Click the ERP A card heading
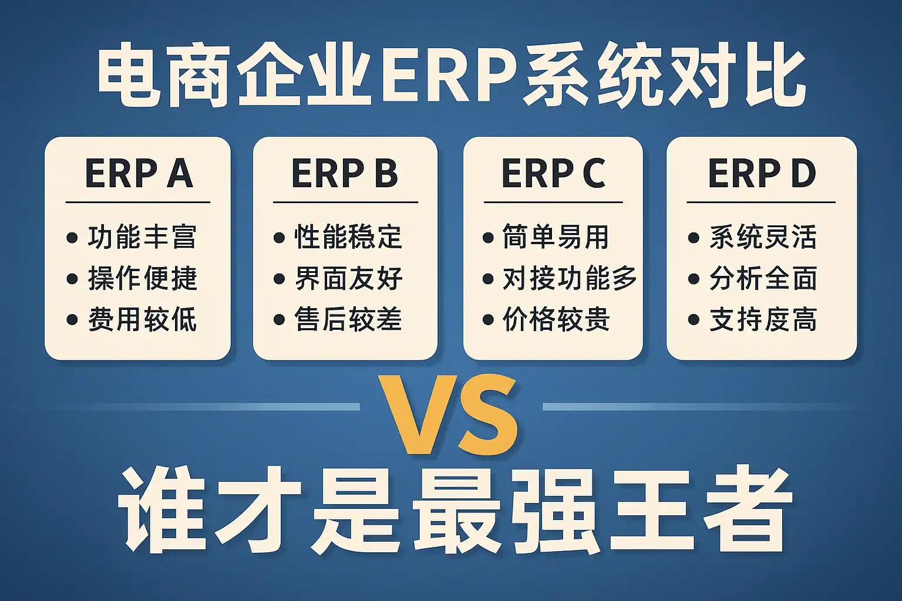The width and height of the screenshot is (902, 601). click(x=139, y=173)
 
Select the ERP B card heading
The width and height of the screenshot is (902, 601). click(x=345, y=173)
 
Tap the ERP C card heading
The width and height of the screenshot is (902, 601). click(x=553, y=173)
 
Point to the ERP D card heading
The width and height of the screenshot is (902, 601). click(x=762, y=173)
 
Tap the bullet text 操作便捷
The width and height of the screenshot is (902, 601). click(x=142, y=278)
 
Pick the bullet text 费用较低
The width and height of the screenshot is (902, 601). click(x=142, y=319)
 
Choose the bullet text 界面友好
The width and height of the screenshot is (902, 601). click(x=349, y=278)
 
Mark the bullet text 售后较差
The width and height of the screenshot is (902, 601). click(x=349, y=319)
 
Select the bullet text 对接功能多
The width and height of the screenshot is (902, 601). click(x=570, y=278)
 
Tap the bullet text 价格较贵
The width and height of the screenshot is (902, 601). click(x=556, y=319)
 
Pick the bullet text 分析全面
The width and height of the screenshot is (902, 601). click(x=763, y=278)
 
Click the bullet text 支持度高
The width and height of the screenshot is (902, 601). click(x=763, y=319)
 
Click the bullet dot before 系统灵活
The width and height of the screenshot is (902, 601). click(x=694, y=238)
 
